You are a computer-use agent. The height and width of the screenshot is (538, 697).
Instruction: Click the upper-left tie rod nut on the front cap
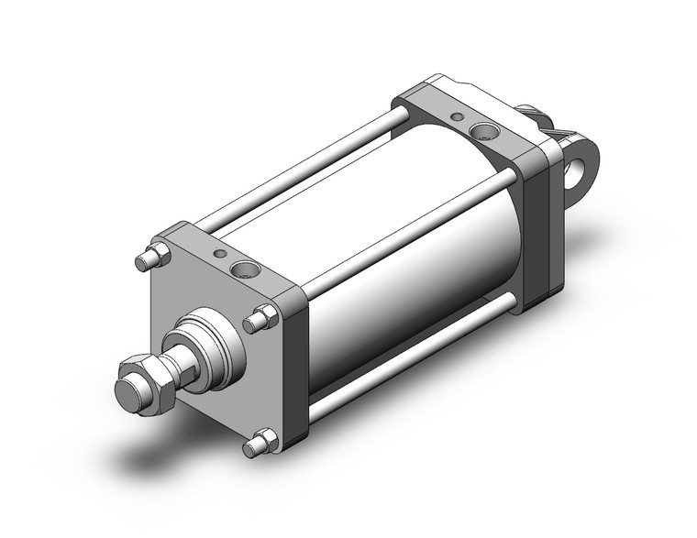(x=153, y=257)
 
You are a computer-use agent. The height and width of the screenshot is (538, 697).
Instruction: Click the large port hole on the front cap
(x=244, y=269)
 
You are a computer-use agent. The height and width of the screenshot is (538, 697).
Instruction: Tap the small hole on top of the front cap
(x=218, y=254)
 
